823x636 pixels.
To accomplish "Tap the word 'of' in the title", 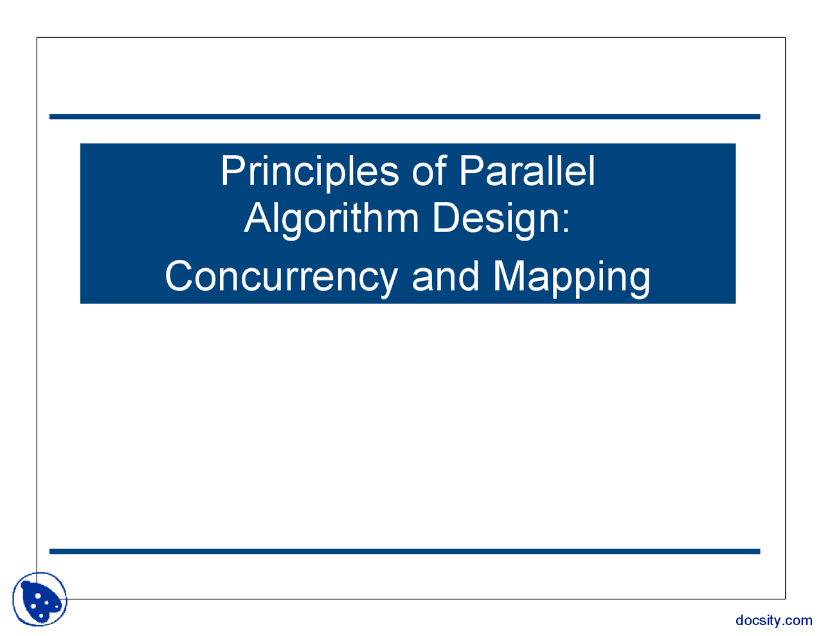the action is click(430, 170).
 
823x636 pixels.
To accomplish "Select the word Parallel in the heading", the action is click(527, 170).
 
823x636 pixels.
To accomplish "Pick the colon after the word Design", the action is click(565, 222).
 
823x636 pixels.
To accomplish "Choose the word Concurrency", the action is click(281, 278).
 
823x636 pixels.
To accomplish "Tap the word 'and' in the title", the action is click(446, 276).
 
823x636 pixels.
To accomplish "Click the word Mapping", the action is click(571, 278).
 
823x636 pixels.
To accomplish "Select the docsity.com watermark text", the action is click(773, 621).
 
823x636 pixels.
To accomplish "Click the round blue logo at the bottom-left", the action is click(40, 599).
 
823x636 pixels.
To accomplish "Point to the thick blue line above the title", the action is click(404, 116).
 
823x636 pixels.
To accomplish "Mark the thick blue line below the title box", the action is click(404, 552).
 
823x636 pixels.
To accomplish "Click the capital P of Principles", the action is click(233, 170).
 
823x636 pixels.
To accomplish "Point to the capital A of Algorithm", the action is click(258, 217).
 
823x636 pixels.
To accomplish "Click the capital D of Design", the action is click(446, 217).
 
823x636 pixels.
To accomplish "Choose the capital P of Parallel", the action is click(471, 170).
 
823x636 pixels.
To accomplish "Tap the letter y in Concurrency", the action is click(386, 284).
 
